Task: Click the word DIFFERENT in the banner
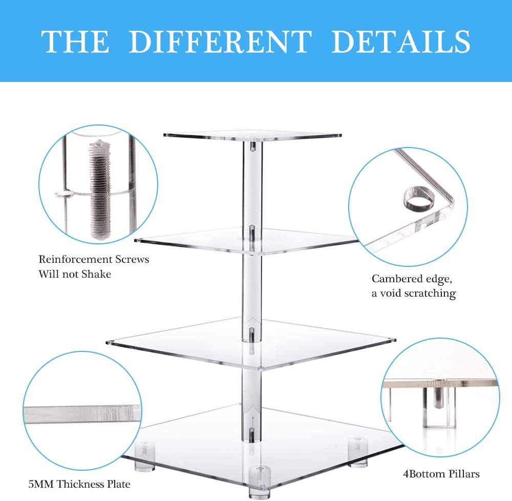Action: click(x=220, y=41)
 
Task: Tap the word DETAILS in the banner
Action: click(x=401, y=41)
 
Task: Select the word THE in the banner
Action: click(x=75, y=41)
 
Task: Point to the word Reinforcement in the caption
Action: click(x=75, y=259)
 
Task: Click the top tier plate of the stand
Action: click(x=252, y=136)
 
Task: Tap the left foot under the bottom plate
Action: click(x=145, y=456)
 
